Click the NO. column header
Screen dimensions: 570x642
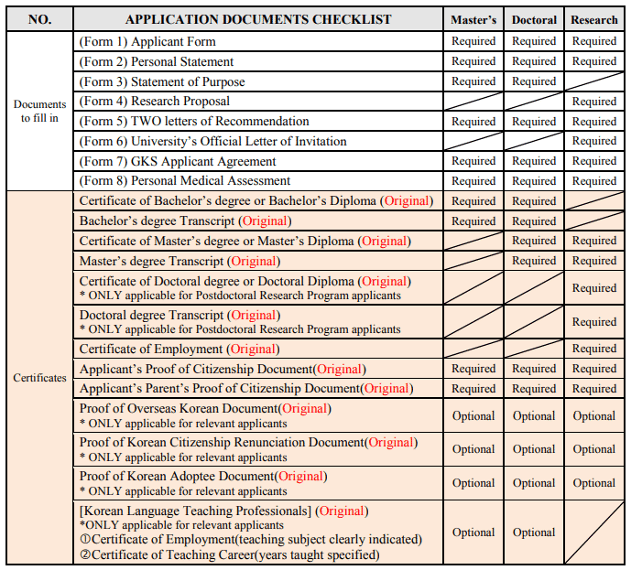tap(39, 19)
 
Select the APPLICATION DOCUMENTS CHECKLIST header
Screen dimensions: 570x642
tap(257, 19)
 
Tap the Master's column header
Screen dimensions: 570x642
tap(473, 19)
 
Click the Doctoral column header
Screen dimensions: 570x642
tap(534, 19)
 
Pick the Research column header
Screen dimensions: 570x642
tap(594, 19)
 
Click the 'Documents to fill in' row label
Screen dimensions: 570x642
tap(39, 111)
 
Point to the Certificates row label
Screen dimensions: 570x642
tap(39, 377)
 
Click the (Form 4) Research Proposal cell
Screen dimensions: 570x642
tap(154, 102)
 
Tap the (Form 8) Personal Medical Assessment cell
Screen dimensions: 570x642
tap(185, 181)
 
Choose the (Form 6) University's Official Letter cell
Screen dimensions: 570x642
tap(212, 142)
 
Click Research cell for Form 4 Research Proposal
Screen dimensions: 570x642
tap(594, 102)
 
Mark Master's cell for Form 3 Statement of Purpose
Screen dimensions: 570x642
tap(473, 81)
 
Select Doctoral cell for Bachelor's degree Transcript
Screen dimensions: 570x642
tap(534, 221)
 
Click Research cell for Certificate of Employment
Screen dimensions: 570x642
tap(594, 349)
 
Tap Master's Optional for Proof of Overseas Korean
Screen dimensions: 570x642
tap(473, 415)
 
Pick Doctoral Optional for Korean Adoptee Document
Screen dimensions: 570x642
tap(534, 482)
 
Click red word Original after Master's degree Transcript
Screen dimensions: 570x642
tap(254, 262)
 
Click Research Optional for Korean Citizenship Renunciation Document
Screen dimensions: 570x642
tap(594, 449)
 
